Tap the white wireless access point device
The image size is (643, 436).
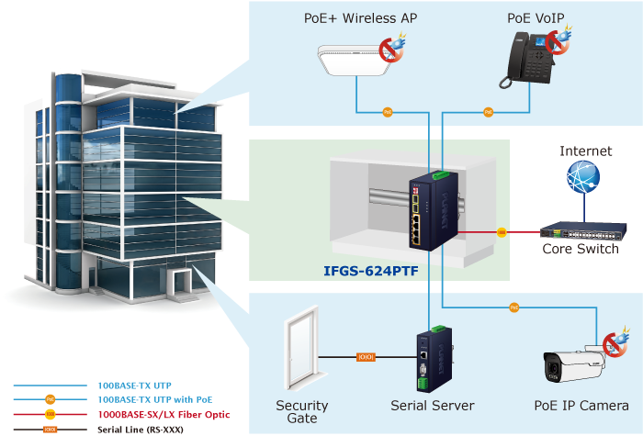(x=353, y=57)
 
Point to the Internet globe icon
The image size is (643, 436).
(x=583, y=177)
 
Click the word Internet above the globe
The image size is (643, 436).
(x=585, y=150)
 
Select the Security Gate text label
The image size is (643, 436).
(x=302, y=411)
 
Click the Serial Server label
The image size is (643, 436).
(x=432, y=405)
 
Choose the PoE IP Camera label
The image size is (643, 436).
(x=581, y=405)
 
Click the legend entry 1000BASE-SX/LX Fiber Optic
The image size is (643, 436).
(x=163, y=415)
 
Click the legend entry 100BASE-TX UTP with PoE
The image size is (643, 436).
(x=154, y=400)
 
